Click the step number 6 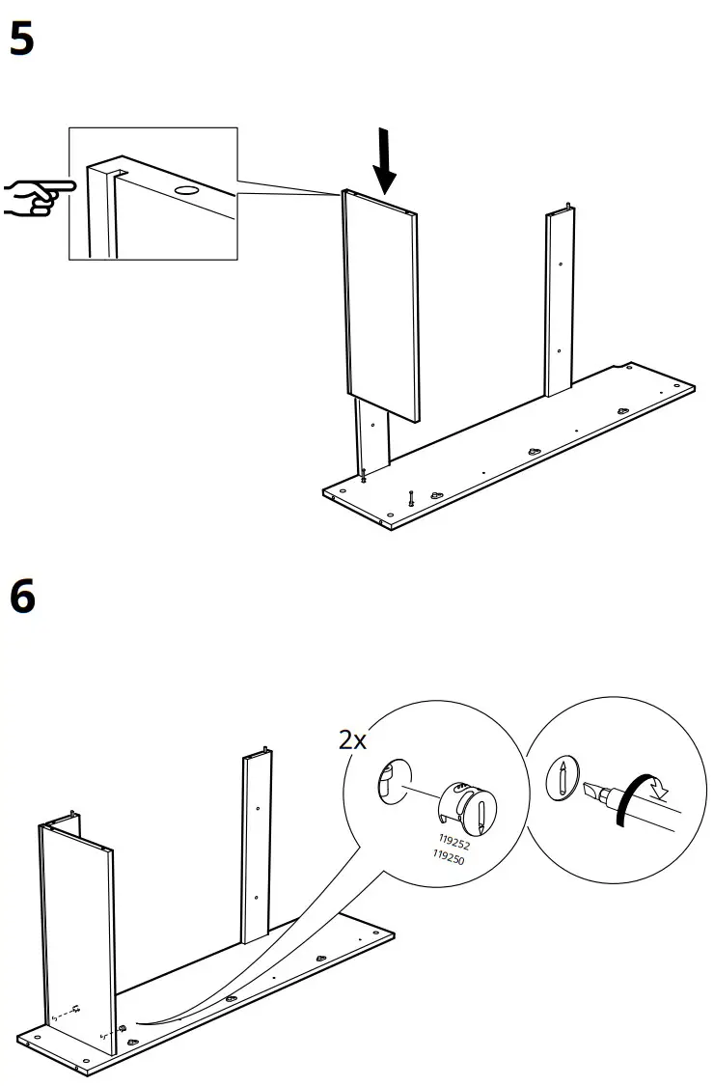point(22,596)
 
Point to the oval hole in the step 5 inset point(187,192)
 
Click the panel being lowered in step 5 point(381,304)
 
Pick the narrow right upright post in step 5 point(561,304)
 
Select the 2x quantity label point(352,740)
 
